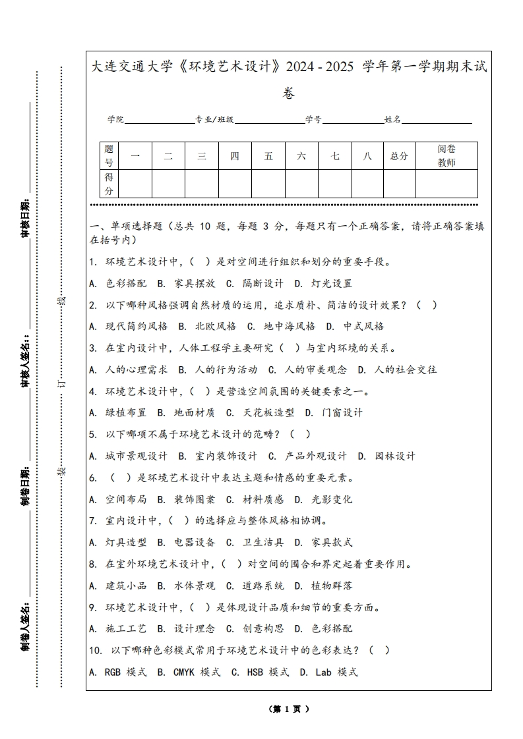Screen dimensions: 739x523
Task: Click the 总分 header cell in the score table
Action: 399,156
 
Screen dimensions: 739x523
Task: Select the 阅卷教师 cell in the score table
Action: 446,156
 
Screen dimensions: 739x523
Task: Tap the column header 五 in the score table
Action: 268,156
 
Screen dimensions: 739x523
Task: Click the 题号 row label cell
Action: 109,156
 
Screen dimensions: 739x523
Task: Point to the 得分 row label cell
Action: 109,184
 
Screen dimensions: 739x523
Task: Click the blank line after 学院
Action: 159,121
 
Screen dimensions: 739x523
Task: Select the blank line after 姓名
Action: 437,121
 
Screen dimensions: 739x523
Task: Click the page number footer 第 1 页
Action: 290,709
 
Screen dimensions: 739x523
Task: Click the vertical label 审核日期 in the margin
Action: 26,217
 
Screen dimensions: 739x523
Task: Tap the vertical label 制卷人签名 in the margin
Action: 26,623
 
